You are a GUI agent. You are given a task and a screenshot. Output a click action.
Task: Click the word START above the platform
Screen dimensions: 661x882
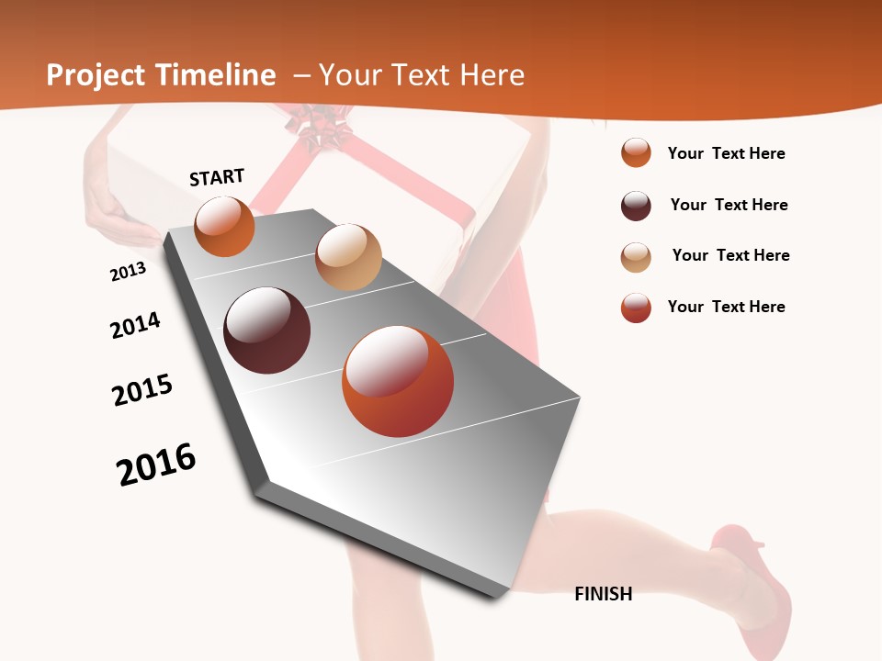point(217,177)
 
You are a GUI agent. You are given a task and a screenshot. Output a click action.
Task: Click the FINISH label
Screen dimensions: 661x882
point(603,594)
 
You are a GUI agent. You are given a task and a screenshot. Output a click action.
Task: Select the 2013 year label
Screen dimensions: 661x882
point(128,272)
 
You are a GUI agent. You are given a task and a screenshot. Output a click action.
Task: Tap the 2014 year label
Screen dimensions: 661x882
point(135,325)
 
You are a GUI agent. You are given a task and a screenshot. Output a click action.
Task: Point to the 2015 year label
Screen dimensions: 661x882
point(142,390)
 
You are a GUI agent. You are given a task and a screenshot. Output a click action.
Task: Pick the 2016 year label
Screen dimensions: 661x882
point(156,465)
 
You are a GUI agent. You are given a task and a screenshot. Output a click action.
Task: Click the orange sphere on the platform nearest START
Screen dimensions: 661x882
point(224,226)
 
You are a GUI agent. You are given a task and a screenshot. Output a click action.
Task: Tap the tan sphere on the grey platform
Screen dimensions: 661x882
point(348,257)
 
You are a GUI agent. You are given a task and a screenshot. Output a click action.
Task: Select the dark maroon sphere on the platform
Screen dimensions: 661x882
point(266,330)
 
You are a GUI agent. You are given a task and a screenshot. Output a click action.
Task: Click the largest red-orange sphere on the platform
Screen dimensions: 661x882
point(398,381)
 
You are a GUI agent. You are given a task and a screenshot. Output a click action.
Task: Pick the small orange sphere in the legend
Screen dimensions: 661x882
point(636,152)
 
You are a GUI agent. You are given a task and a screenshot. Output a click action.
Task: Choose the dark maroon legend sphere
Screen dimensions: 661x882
point(636,206)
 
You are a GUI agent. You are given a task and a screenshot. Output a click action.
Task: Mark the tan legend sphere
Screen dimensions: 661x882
point(636,257)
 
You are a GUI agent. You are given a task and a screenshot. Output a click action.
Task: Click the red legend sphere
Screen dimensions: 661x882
point(636,308)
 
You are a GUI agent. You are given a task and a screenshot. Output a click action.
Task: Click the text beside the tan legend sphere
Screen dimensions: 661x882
point(730,255)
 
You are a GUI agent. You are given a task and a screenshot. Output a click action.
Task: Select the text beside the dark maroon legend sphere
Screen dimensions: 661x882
point(729,205)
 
